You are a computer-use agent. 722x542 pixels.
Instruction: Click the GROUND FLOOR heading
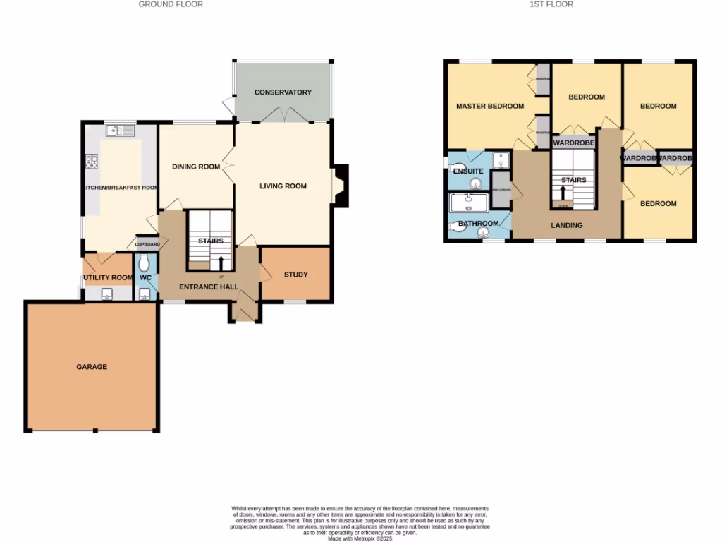171,4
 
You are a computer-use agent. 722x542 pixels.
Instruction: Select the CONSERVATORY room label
283,92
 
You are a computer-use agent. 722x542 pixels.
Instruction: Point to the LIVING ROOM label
283,186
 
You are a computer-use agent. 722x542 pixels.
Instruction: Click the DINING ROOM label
196,167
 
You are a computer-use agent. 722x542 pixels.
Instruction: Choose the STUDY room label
295,275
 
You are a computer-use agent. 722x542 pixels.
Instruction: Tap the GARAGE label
92,367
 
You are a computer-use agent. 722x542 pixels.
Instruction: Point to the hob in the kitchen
91,162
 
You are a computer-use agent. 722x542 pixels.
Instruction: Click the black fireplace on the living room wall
342,186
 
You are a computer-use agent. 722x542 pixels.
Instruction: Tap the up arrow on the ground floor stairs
221,263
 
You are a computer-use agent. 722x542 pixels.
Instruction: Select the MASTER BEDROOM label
490,107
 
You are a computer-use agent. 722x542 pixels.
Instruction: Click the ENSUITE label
467,171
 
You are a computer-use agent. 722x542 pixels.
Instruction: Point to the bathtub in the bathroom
470,204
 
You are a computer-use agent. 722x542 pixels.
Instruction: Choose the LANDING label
567,226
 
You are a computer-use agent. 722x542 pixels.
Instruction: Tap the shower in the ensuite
500,161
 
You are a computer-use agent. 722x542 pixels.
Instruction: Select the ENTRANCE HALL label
208,287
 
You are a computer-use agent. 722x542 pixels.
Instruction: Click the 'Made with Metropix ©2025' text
360,538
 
